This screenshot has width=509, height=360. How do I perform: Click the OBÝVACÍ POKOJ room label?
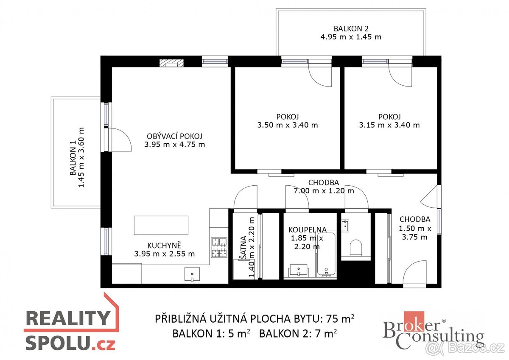174,136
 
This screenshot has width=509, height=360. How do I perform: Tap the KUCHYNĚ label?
164,245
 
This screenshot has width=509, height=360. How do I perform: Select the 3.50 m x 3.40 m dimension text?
287,125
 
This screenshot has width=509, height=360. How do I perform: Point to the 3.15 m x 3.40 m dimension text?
389,125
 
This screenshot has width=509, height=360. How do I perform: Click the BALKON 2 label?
350,29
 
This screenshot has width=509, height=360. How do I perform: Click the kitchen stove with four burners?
219,248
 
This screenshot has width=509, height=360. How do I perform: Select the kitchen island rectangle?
161,225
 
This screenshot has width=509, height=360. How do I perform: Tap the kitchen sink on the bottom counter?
192,274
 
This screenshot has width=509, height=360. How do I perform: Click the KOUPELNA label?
307,230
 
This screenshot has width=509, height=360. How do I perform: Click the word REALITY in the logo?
68,318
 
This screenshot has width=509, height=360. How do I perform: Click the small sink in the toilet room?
345,226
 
